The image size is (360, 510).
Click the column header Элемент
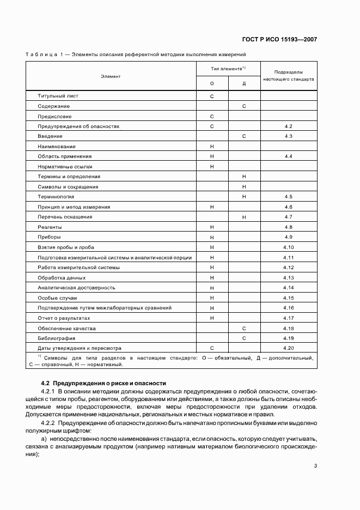(110, 76)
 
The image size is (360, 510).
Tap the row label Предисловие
(54, 116)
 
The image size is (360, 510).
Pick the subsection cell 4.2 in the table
(289, 126)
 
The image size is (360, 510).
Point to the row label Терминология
(56, 197)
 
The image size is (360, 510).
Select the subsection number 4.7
(289, 217)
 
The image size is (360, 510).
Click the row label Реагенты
(50, 227)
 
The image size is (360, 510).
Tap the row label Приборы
(49, 237)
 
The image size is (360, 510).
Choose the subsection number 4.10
(289, 247)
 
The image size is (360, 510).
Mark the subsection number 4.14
(289, 288)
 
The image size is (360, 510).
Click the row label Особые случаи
(57, 298)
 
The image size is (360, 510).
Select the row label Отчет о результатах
(64, 318)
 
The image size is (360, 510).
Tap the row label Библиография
(56, 338)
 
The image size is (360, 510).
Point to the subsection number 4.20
(289, 348)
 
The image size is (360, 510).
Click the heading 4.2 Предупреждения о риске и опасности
(103, 384)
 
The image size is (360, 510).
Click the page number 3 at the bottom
(316, 466)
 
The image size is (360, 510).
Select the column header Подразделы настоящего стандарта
(288, 76)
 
